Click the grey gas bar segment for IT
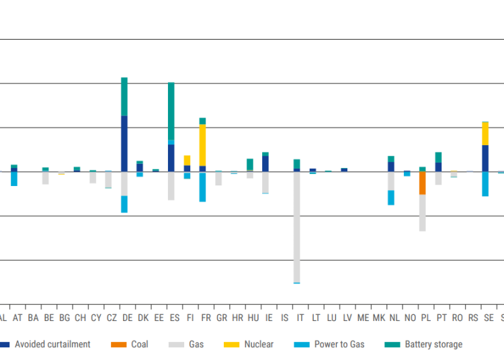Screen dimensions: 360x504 point(296,227)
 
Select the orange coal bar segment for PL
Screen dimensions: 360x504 point(423,183)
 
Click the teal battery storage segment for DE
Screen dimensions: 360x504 point(124,97)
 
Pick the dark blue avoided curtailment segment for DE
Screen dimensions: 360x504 point(124,143)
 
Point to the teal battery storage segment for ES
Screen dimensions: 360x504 point(171,111)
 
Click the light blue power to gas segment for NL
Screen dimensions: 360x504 point(391,197)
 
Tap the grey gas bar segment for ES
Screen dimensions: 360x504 point(171,185)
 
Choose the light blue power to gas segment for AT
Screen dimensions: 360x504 point(14,179)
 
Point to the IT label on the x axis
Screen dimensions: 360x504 point(300,318)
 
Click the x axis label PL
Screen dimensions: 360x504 point(425,318)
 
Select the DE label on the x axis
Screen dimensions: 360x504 point(127,318)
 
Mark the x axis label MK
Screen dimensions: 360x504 point(378,318)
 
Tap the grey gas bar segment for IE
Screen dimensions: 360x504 point(265,182)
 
